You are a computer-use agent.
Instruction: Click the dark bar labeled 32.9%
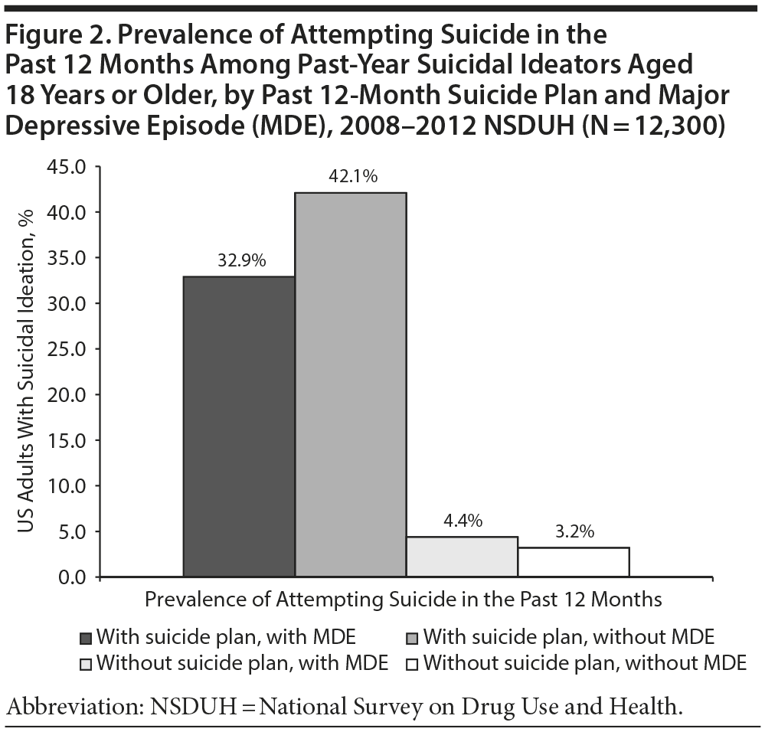point(239,426)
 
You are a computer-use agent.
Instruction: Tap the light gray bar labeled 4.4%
point(462,557)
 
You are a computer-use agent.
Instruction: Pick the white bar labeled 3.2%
point(574,562)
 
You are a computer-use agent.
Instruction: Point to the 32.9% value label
point(239,261)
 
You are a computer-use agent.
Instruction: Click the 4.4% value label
point(462,522)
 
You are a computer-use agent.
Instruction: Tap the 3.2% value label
point(574,531)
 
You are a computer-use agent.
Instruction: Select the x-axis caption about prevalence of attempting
point(403,599)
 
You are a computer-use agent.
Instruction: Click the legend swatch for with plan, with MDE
point(86,638)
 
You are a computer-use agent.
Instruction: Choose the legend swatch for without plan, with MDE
point(86,663)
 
